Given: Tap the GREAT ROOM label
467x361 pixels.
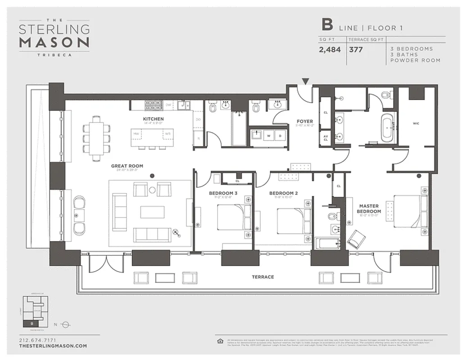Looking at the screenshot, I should (x=127, y=166).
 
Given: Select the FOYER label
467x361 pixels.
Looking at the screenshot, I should (x=304, y=121).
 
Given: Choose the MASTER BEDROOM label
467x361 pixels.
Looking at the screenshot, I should (x=369, y=208).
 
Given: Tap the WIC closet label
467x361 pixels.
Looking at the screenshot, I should (x=416, y=123).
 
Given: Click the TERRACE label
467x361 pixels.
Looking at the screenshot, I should (x=263, y=277).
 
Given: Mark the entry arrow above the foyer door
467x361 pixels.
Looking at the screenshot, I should (x=306, y=82).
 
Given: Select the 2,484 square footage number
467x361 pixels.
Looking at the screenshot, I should (x=330, y=50).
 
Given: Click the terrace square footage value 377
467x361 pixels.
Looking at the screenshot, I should (x=356, y=50).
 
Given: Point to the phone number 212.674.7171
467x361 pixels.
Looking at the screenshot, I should (x=38, y=340).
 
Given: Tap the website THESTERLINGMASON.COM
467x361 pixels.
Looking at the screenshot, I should (x=53, y=346).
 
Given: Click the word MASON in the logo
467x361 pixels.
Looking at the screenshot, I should (x=54, y=42).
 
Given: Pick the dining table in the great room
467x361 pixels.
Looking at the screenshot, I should (x=96, y=138).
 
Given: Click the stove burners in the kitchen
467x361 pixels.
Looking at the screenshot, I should (x=153, y=105).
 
